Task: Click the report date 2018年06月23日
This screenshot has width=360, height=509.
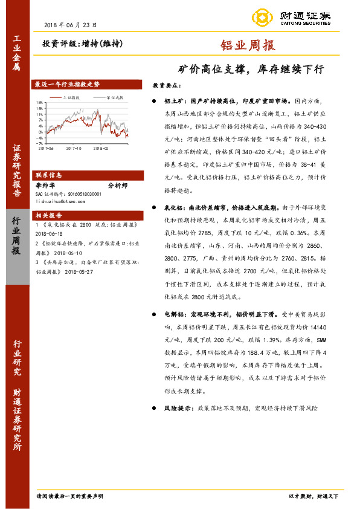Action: pyautogui.click(x=71, y=25)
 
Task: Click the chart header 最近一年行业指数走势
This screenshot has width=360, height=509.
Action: pyautogui.click(x=67, y=85)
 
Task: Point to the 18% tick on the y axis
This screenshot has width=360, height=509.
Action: pyautogui.click(x=39, y=102)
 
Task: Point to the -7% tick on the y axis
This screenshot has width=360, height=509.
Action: pyautogui.click(x=39, y=143)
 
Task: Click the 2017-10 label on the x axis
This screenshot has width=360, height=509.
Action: pyautogui.click(x=74, y=147)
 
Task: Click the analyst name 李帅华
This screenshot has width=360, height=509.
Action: pyautogui.click(x=45, y=185)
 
